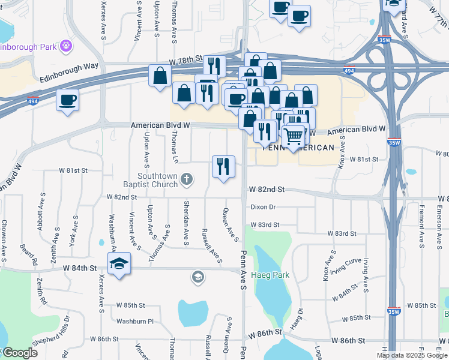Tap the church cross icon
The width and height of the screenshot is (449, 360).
(x=187, y=178)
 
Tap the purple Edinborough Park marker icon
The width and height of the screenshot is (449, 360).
(x=66, y=46)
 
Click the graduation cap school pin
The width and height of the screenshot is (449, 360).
(x=119, y=263)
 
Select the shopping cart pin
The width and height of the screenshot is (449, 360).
(x=293, y=136)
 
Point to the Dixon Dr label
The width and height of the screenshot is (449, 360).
(x=263, y=207)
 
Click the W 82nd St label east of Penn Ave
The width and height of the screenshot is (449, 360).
(x=266, y=190)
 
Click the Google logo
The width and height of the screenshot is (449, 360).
(x=20, y=353)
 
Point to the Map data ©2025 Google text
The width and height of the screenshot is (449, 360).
(x=412, y=355)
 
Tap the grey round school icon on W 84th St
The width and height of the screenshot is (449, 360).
(x=197, y=277)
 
